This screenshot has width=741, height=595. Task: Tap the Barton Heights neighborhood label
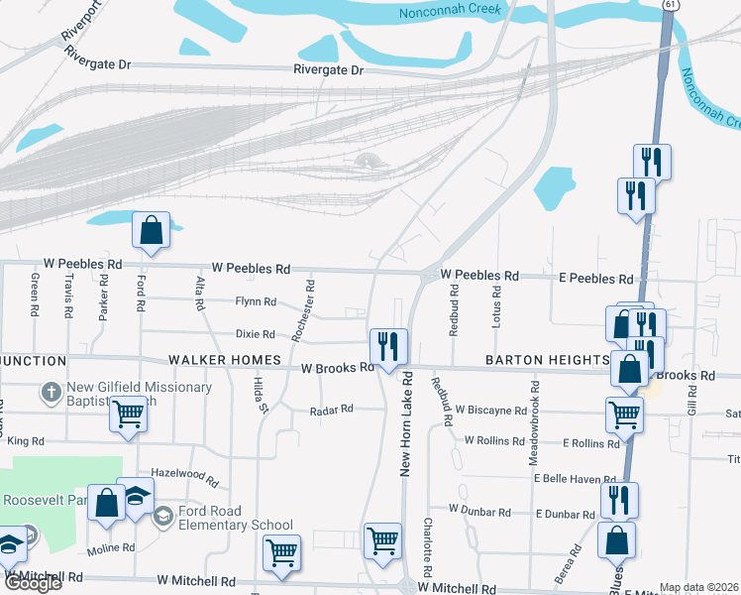tap(546, 359)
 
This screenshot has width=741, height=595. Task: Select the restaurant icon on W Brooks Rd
tap(387, 346)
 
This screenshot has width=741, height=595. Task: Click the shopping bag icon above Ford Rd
tap(152, 231)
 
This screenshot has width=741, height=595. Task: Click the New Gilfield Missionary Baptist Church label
tap(139, 394)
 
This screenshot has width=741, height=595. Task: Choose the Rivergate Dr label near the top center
tap(329, 70)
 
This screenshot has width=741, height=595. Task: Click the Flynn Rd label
tap(255, 301)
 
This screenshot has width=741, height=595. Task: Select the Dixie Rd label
tap(255, 334)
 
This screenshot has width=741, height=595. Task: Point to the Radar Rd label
tap(331, 410)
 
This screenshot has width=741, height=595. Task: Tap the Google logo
tap(32, 583)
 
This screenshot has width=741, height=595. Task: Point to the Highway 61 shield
tap(671, 5)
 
